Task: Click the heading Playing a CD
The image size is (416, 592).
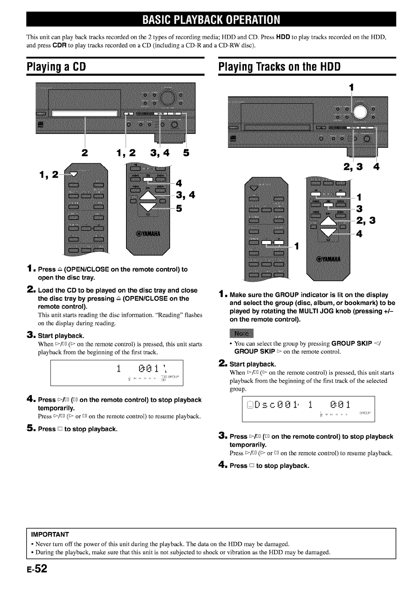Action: (x=56, y=66)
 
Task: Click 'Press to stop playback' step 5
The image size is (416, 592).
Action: (x=78, y=429)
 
